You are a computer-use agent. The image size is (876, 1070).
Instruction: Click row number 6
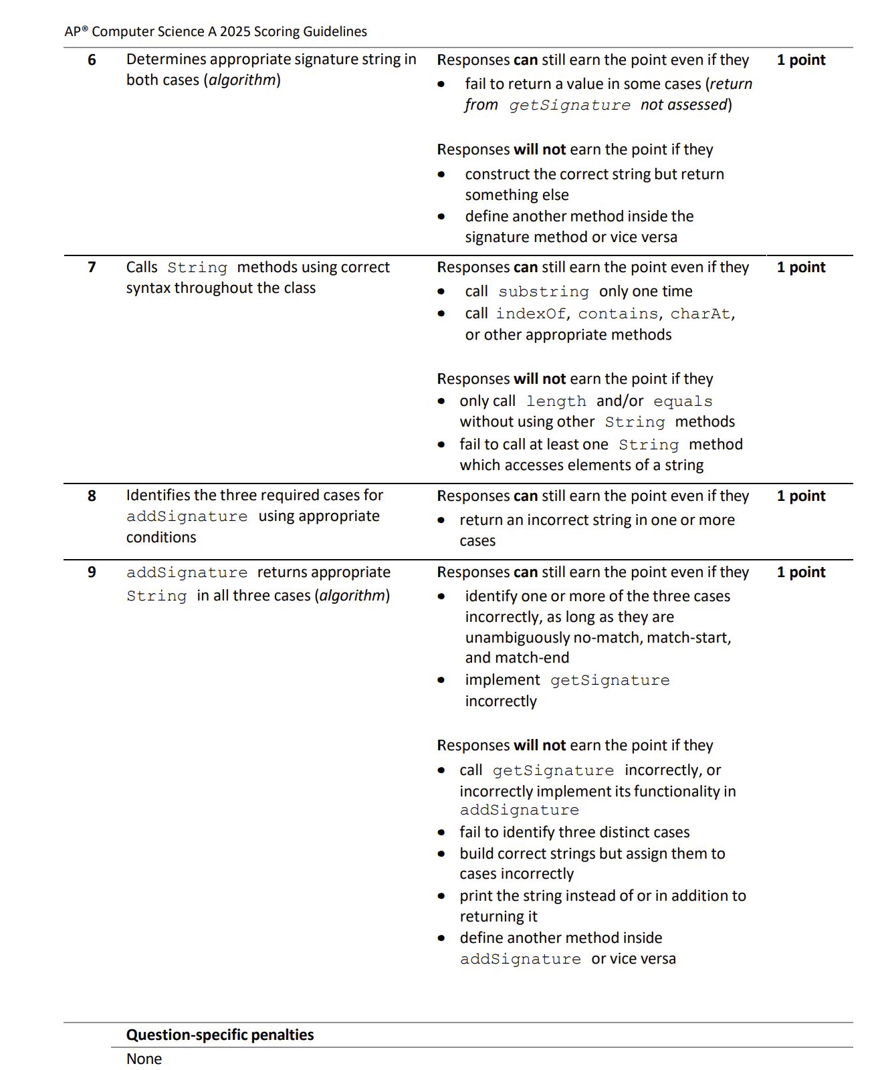(92, 60)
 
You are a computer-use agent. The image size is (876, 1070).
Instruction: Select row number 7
(92, 267)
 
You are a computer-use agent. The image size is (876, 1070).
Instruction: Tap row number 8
(92, 496)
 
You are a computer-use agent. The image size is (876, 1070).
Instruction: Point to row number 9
(92, 572)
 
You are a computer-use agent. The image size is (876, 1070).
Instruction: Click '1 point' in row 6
(800, 60)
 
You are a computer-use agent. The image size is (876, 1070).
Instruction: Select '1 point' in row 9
(800, 572)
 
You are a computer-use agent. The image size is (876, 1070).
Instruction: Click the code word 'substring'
(543, 292)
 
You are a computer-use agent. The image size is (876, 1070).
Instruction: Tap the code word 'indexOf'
(530, 314)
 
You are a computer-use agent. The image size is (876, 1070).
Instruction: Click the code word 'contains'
(618, 314)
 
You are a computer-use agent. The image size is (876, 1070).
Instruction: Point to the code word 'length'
(556, 402)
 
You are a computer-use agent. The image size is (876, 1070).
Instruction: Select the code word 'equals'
(682, 402)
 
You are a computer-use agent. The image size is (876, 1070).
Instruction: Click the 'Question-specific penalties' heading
(220, 1035)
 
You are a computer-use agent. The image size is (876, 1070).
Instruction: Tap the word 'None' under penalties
(144, 1059)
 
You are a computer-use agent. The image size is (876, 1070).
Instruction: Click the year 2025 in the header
(234, 31)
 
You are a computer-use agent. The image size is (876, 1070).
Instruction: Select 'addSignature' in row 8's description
(187, 517)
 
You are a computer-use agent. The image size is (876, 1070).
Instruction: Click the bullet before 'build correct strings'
(441, 854)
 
